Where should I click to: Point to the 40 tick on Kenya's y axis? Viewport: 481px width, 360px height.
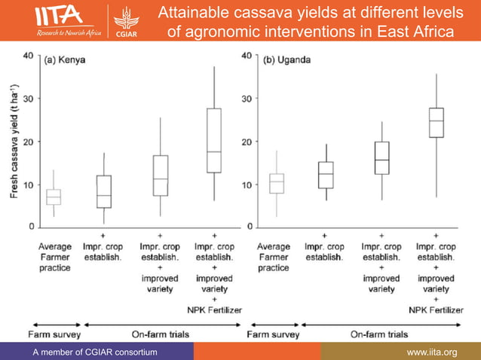pyautogui.click(x=27, y=56)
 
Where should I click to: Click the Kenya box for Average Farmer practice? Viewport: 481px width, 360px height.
pyautogui.click(x=54, y=197)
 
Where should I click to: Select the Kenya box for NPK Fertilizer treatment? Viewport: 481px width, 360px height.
pyautogui.click(x=214, y=140)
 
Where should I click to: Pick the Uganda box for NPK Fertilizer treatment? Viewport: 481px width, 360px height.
pyautogui.click(x=437, y=122)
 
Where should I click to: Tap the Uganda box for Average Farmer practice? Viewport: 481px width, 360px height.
pyautogui.click(x=277, y=183)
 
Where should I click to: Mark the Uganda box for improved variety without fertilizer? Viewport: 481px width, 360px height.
pyautogui.click(x=382, y=158)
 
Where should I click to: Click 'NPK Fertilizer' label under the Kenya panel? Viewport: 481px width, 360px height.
pyautogui.click(x=214, y=310)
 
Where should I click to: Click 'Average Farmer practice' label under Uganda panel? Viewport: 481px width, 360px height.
pyautogui.click(x=274, y=257)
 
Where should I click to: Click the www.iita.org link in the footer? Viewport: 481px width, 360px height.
pyautogui.click(x=432, y=352)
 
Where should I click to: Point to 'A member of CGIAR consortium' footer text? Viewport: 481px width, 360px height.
pyautogui.click(x=96, y=352)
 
